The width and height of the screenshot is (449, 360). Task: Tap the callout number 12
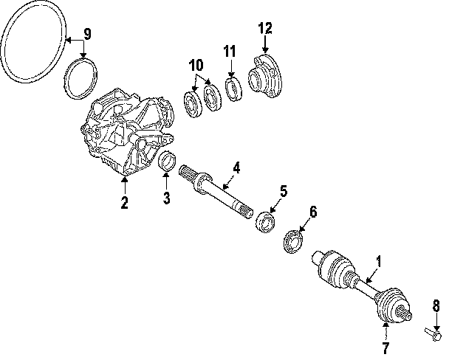[265, 29]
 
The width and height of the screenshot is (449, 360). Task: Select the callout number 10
[195, 66]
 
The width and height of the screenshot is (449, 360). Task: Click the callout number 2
[125, 202]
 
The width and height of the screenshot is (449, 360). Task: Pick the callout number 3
[167, 198]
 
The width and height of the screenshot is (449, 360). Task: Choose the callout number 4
[236, 168]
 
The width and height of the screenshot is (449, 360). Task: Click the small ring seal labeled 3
[168, 161]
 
